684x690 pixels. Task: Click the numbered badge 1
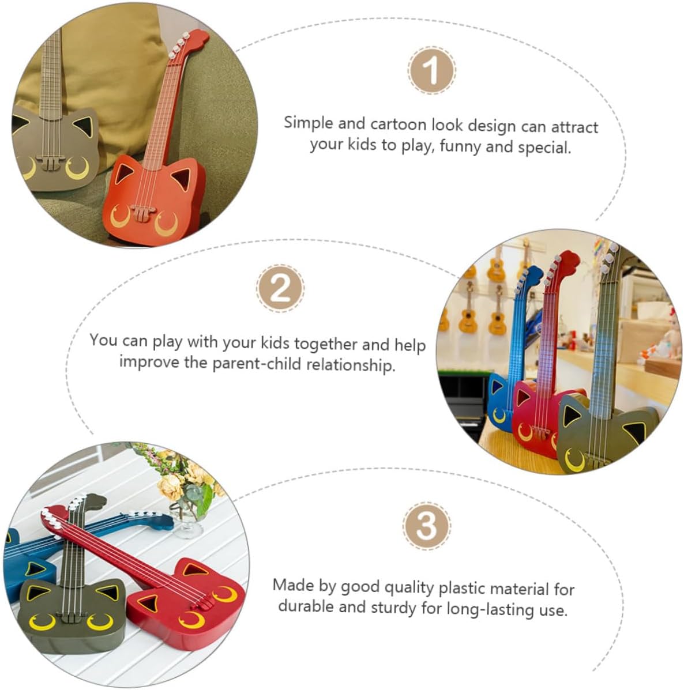point(431,70)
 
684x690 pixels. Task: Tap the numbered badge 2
point(280,288)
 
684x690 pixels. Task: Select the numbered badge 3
point(426,525)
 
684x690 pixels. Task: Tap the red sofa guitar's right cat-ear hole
point(181,179)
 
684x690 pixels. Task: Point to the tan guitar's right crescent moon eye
point(78,168)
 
